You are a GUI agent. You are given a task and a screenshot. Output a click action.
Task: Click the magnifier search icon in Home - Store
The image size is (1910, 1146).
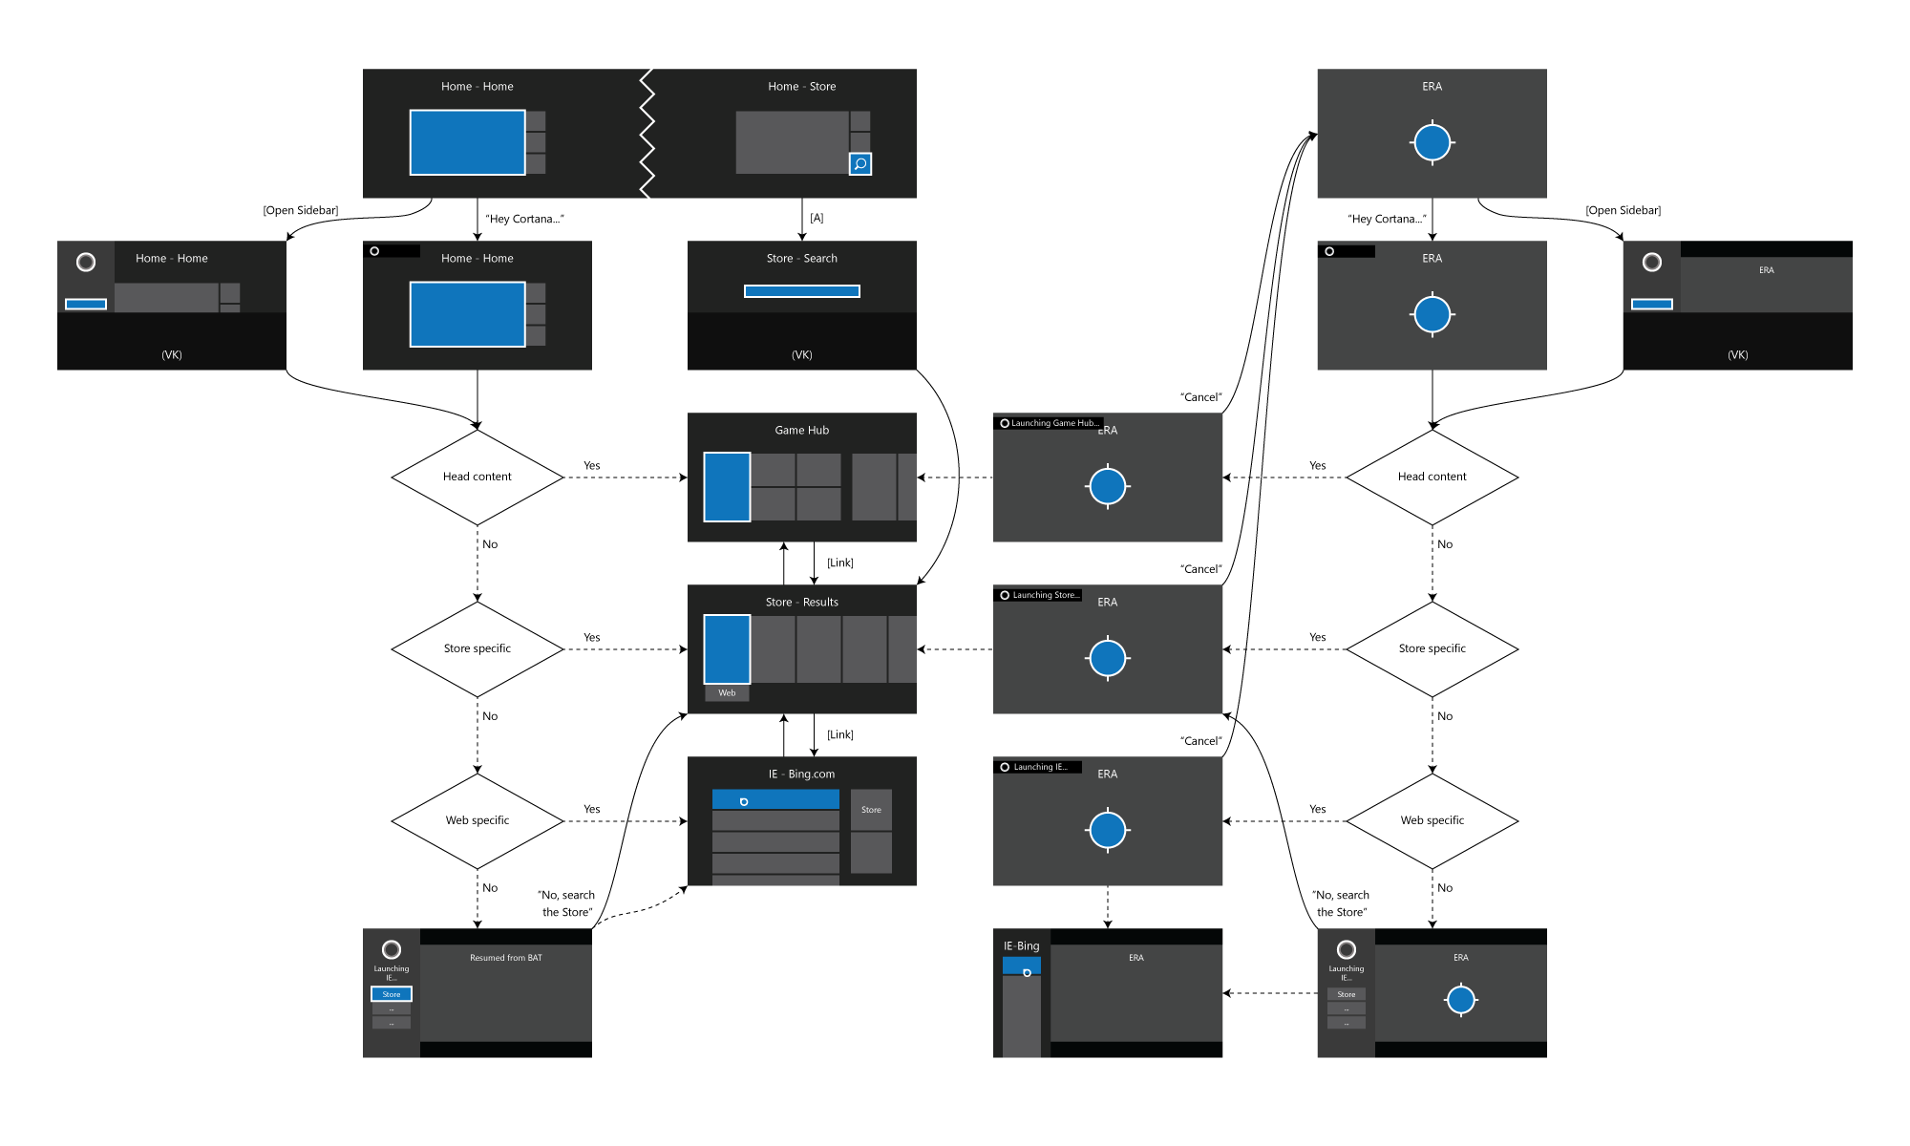(859, 164)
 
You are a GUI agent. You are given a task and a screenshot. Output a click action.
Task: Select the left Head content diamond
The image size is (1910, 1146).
(477, 477)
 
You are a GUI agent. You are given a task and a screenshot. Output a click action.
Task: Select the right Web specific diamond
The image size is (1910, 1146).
(1432, 820)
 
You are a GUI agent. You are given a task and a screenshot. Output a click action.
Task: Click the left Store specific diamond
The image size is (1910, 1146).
(477, 648)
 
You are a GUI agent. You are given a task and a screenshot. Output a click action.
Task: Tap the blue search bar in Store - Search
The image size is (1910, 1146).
(801, 291)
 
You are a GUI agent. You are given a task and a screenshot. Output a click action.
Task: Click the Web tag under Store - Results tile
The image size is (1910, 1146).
(727, 693)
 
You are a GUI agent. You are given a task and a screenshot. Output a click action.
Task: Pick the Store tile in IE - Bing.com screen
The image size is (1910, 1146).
(871, 810)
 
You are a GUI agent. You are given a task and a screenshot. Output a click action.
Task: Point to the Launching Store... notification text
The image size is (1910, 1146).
(1045, 595)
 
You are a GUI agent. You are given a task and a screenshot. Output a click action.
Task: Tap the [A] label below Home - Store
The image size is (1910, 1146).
(817, 218)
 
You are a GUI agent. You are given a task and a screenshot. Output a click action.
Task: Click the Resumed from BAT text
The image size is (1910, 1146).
(505, 958)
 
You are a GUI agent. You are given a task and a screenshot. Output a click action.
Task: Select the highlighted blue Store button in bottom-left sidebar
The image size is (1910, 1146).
(392, 994)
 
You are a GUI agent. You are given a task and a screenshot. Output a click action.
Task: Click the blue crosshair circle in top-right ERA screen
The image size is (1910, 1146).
(1432, 143)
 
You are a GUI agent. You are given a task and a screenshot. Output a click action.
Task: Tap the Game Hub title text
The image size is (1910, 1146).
(801, 431)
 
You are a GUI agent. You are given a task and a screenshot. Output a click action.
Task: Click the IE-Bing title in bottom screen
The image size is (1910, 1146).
(1021, 946)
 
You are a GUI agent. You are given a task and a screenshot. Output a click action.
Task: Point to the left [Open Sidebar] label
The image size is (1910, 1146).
(300, 210)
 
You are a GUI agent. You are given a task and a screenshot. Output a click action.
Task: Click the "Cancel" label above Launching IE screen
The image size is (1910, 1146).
(1200, 741)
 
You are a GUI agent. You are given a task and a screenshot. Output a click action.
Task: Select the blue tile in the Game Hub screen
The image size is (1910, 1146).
(727, 487)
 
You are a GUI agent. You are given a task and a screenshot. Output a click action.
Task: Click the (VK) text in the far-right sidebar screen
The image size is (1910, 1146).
(1737, 354)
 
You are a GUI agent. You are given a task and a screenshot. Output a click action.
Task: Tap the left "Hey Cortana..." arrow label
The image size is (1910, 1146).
(524, 219)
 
